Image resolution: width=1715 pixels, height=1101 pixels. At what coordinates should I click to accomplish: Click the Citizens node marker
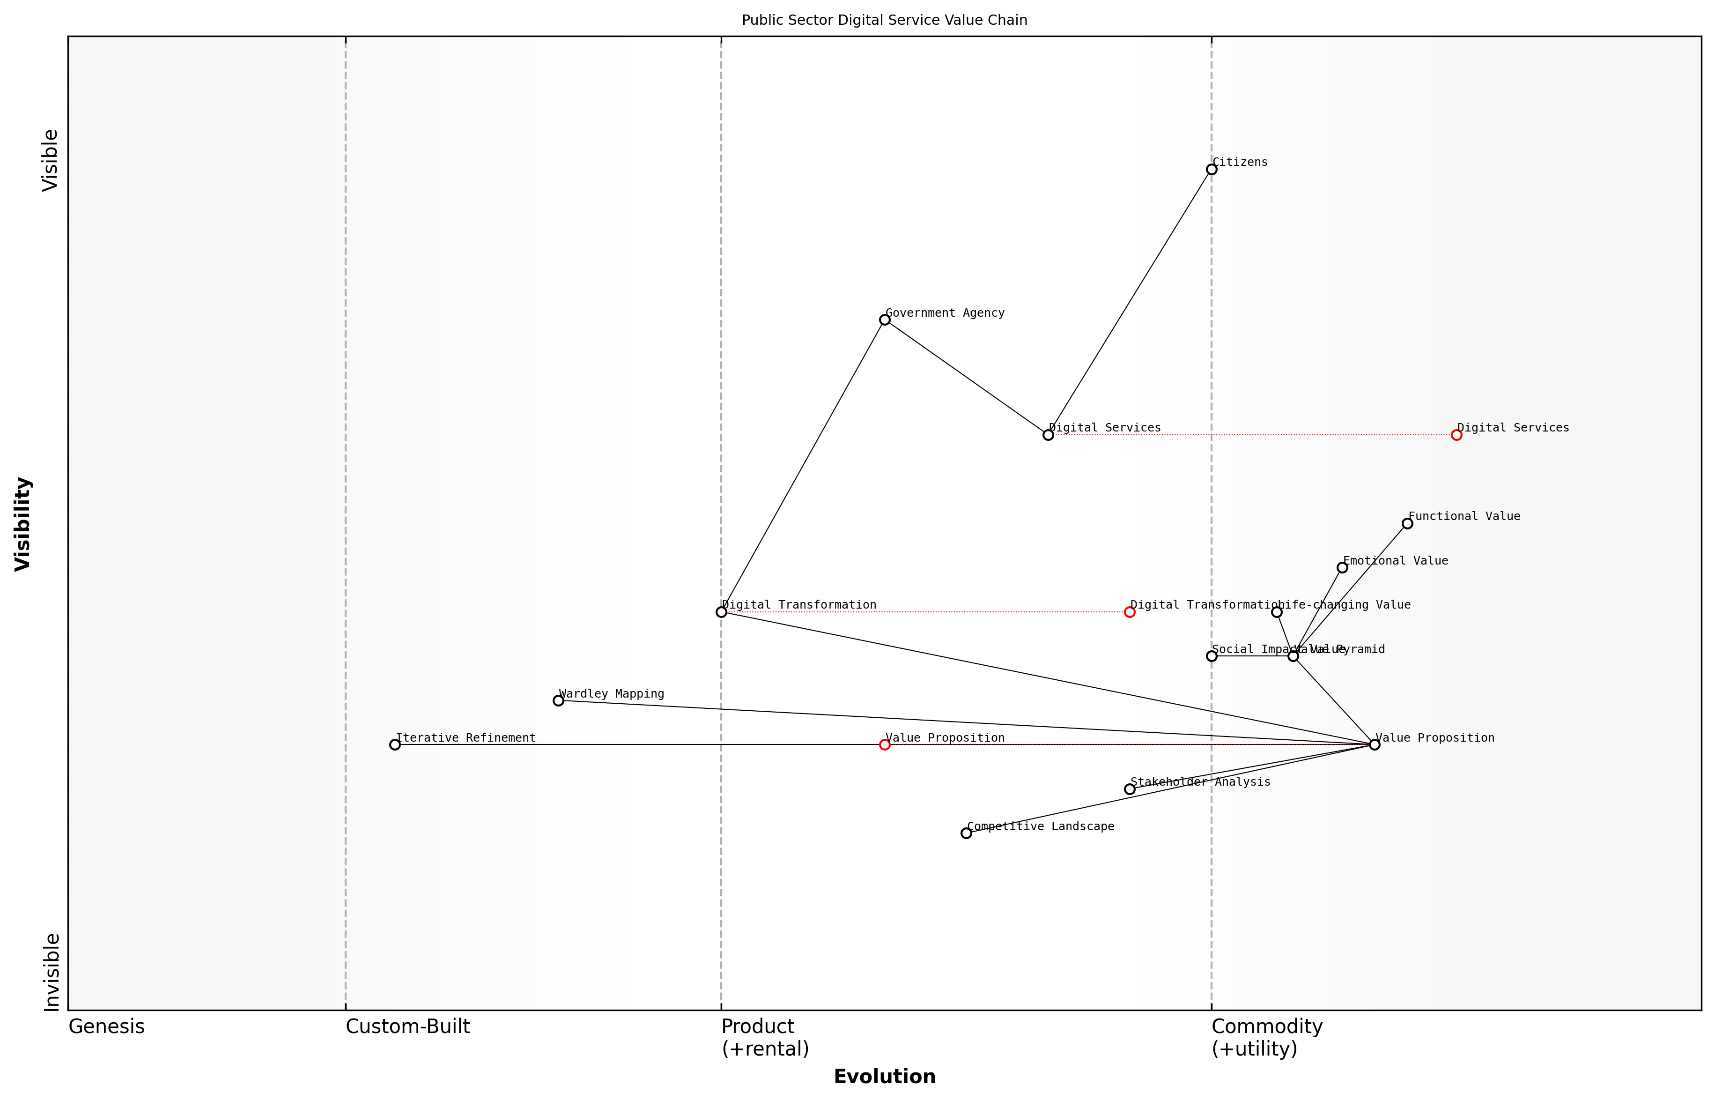tap(1211, 170)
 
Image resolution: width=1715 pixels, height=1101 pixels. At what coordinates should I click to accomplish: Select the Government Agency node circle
tap(885, 320)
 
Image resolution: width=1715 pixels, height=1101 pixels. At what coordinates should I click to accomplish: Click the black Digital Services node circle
tap(1048, 435)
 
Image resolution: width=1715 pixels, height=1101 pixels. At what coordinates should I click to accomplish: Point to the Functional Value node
tap(1407, 523)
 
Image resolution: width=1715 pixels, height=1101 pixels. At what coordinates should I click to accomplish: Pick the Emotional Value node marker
tap(1342, 568)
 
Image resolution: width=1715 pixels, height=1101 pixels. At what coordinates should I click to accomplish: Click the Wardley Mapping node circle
tap(558, 700)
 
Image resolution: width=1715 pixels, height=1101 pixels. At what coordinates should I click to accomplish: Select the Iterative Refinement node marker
tap(394, 745)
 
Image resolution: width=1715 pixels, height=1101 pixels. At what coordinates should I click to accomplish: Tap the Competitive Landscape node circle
tap(966, 833)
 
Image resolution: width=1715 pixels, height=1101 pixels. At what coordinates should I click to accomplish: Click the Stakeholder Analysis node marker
tap(1129, 789)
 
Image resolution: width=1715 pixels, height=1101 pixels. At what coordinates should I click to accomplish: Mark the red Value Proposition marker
tap(885, 745)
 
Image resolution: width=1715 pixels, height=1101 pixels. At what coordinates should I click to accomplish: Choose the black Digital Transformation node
tap(721, 612)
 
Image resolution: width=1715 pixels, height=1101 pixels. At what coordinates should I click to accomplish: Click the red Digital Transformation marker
tap(1129, 612)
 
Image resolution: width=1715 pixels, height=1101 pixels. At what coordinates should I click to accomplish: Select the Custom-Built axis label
tap(407, 1027)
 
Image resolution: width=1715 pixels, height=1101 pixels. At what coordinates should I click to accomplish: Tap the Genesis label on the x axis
tap(106, 1027)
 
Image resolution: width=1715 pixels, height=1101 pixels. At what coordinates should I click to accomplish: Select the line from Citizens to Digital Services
tap(1129, 302)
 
